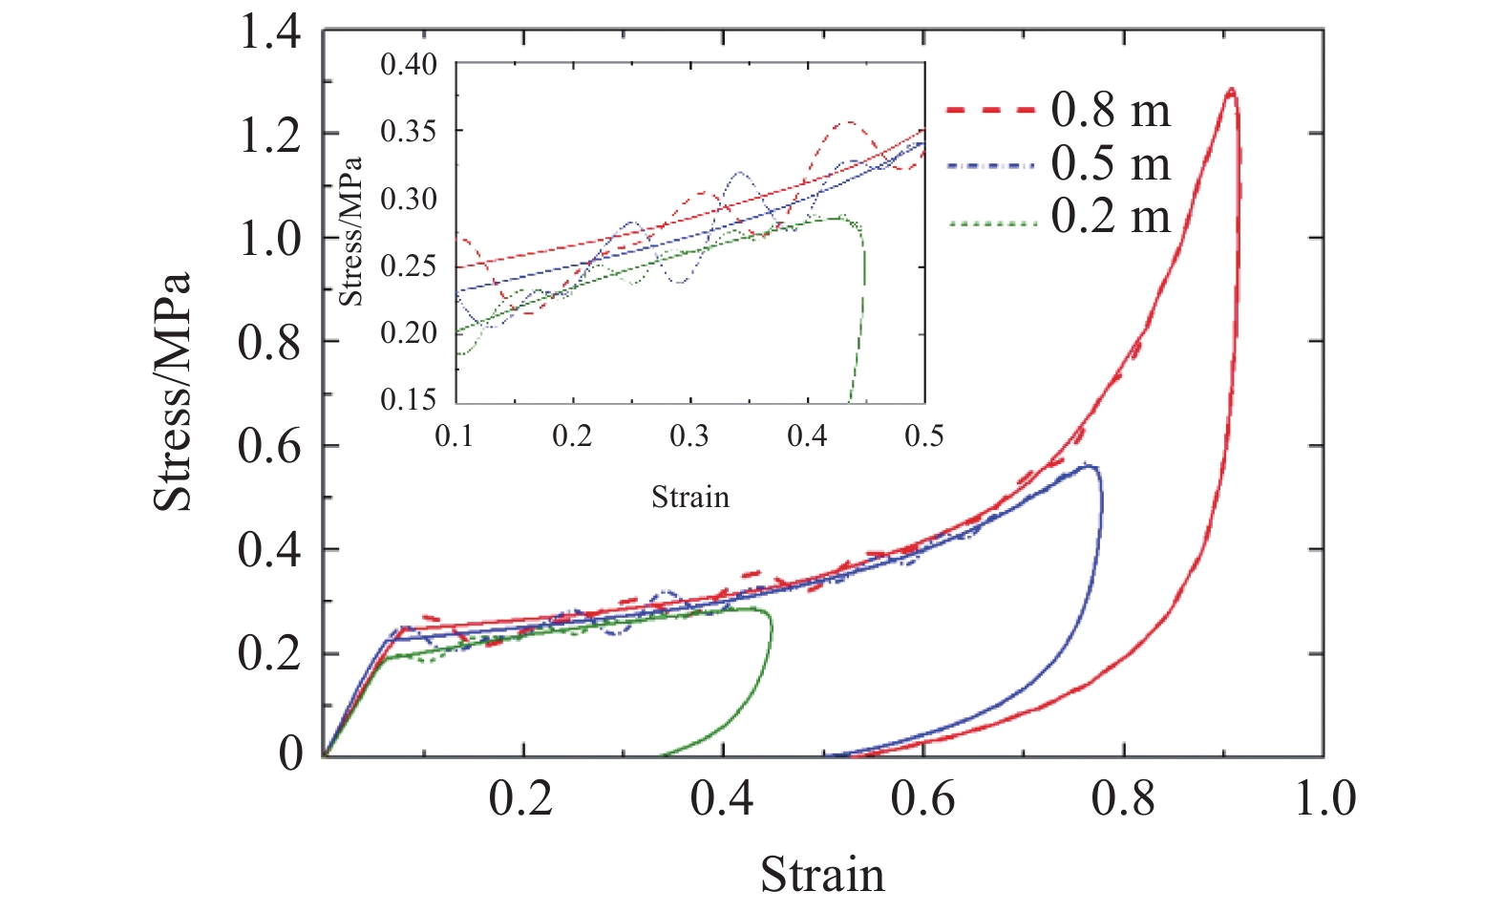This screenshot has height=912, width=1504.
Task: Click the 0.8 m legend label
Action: (1111, 111)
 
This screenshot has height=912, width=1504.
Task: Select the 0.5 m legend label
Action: (1111, 164)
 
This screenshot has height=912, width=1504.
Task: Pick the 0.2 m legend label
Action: (1111, 217)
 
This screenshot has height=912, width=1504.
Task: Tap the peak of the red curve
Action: (1231, 90)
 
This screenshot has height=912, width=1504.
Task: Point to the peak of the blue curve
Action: (1089, 466)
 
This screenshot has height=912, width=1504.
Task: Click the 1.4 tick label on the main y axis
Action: (269, 33)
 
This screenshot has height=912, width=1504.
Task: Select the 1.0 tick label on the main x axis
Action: (1324, 798)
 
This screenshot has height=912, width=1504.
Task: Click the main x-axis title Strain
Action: (822, 875)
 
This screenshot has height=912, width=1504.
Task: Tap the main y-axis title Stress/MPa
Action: (174, 392)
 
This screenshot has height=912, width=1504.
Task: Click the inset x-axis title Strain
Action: (689, 498)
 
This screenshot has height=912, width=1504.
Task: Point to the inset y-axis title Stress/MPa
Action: (351, 231)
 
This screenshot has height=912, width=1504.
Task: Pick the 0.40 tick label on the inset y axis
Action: (408, 65)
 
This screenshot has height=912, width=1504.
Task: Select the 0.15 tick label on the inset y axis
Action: (408, 399)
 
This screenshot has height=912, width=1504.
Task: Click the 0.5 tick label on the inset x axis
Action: (923, 437)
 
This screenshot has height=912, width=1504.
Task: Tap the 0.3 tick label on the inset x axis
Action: (688, 437)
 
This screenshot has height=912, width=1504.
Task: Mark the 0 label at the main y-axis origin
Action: (290, 754)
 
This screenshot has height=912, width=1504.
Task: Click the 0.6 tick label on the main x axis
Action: (922, 798)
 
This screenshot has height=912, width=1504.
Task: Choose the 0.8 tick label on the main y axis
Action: (269, 343)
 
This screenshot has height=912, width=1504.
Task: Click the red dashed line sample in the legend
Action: (991, 111)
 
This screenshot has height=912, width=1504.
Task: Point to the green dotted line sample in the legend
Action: (991, 223)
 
